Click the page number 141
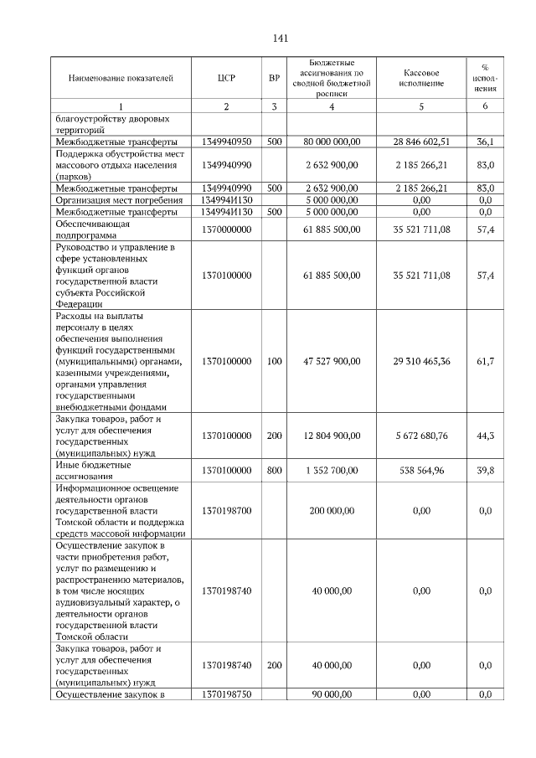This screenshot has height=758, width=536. (281, 39)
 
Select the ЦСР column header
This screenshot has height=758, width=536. (226, 78)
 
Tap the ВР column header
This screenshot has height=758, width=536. (274, 78)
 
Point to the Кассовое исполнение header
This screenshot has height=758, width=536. (421, 78)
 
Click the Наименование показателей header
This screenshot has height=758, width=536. (121, 78)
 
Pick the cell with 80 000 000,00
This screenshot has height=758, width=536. (332, 142)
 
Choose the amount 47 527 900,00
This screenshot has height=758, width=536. (332, 361)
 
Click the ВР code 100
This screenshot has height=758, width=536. (274, 361)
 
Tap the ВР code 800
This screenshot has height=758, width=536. (274, 471)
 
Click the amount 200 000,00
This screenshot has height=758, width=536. (332, 510)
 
